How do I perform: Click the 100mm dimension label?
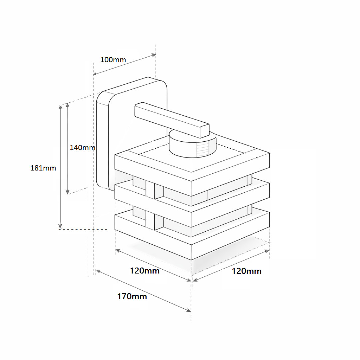(x=113, y=60)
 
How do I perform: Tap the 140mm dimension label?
(x=82, y=147)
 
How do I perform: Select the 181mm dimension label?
(x=43, y=168)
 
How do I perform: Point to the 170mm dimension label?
(x=132, y=296)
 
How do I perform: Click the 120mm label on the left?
(x=145, y=271)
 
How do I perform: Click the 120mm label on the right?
(x=247, y=271)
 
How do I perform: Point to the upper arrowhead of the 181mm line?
(x=60, y=107)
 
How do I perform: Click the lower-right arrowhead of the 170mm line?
(x=189, y=311)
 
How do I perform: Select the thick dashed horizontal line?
(x=83, y=229)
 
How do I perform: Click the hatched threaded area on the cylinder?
(x=203, y=149)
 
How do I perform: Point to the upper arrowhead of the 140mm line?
(x=68, y=105)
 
